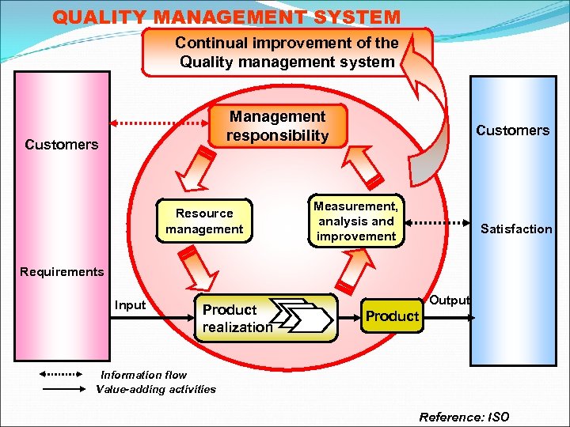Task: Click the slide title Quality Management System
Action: click(x=226, y=16)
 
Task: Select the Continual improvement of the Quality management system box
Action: click(x=287, y=52)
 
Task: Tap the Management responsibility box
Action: click(x=277, y=127)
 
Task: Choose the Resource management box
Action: click(x=204, y=221)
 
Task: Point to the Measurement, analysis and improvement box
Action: click(x=355, y=221)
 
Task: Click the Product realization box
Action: click(x=237, y=318)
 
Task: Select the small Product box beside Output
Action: click(x=392, y=316)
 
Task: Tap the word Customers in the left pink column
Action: click(x=62, y=145)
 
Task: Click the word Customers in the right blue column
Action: click(x=512, y=130)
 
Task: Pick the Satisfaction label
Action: click(x=516, y=229)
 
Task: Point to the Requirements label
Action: click(x=62, y=272)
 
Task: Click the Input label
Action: click(x=130, y=305)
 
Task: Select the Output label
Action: click(x=450, y=300)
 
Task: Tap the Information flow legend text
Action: click(x=143, y=376)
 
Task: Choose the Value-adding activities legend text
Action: click(x=155, y=388)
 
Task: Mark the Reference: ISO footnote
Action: click(x=464, y=417)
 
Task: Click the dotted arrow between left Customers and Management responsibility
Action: click(x=162, y=123)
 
